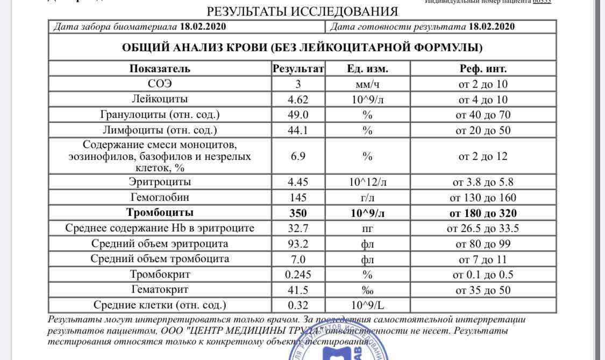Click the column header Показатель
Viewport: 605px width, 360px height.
[160, 68]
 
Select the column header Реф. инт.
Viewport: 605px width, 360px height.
[483, 68]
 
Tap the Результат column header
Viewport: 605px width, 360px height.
[298, 68]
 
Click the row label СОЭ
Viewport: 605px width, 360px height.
[160, 84]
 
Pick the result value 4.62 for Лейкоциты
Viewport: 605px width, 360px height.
[298, 100]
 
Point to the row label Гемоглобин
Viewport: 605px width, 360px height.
[160, 197]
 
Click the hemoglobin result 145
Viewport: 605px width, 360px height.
[298, 197]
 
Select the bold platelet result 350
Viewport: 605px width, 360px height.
[298, 213]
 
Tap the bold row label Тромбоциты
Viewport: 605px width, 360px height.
[160, 213]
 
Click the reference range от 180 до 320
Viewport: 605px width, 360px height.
[483, 213]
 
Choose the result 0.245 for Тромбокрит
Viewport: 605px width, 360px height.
[298, 274]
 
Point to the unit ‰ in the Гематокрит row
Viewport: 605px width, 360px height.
[367, 290]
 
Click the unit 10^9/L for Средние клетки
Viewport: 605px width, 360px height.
[367, 305]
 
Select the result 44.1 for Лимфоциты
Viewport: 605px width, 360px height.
[298, 130]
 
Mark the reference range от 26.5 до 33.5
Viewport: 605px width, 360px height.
[483, 228]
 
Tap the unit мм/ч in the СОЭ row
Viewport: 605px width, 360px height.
[367, 84]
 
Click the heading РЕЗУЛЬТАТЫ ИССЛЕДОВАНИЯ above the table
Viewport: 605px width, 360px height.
[302, 11]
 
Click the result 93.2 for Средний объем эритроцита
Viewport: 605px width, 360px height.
[298, 244]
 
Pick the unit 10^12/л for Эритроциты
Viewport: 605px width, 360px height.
[367, 182]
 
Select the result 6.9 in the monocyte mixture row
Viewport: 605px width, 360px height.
[298, 156]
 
